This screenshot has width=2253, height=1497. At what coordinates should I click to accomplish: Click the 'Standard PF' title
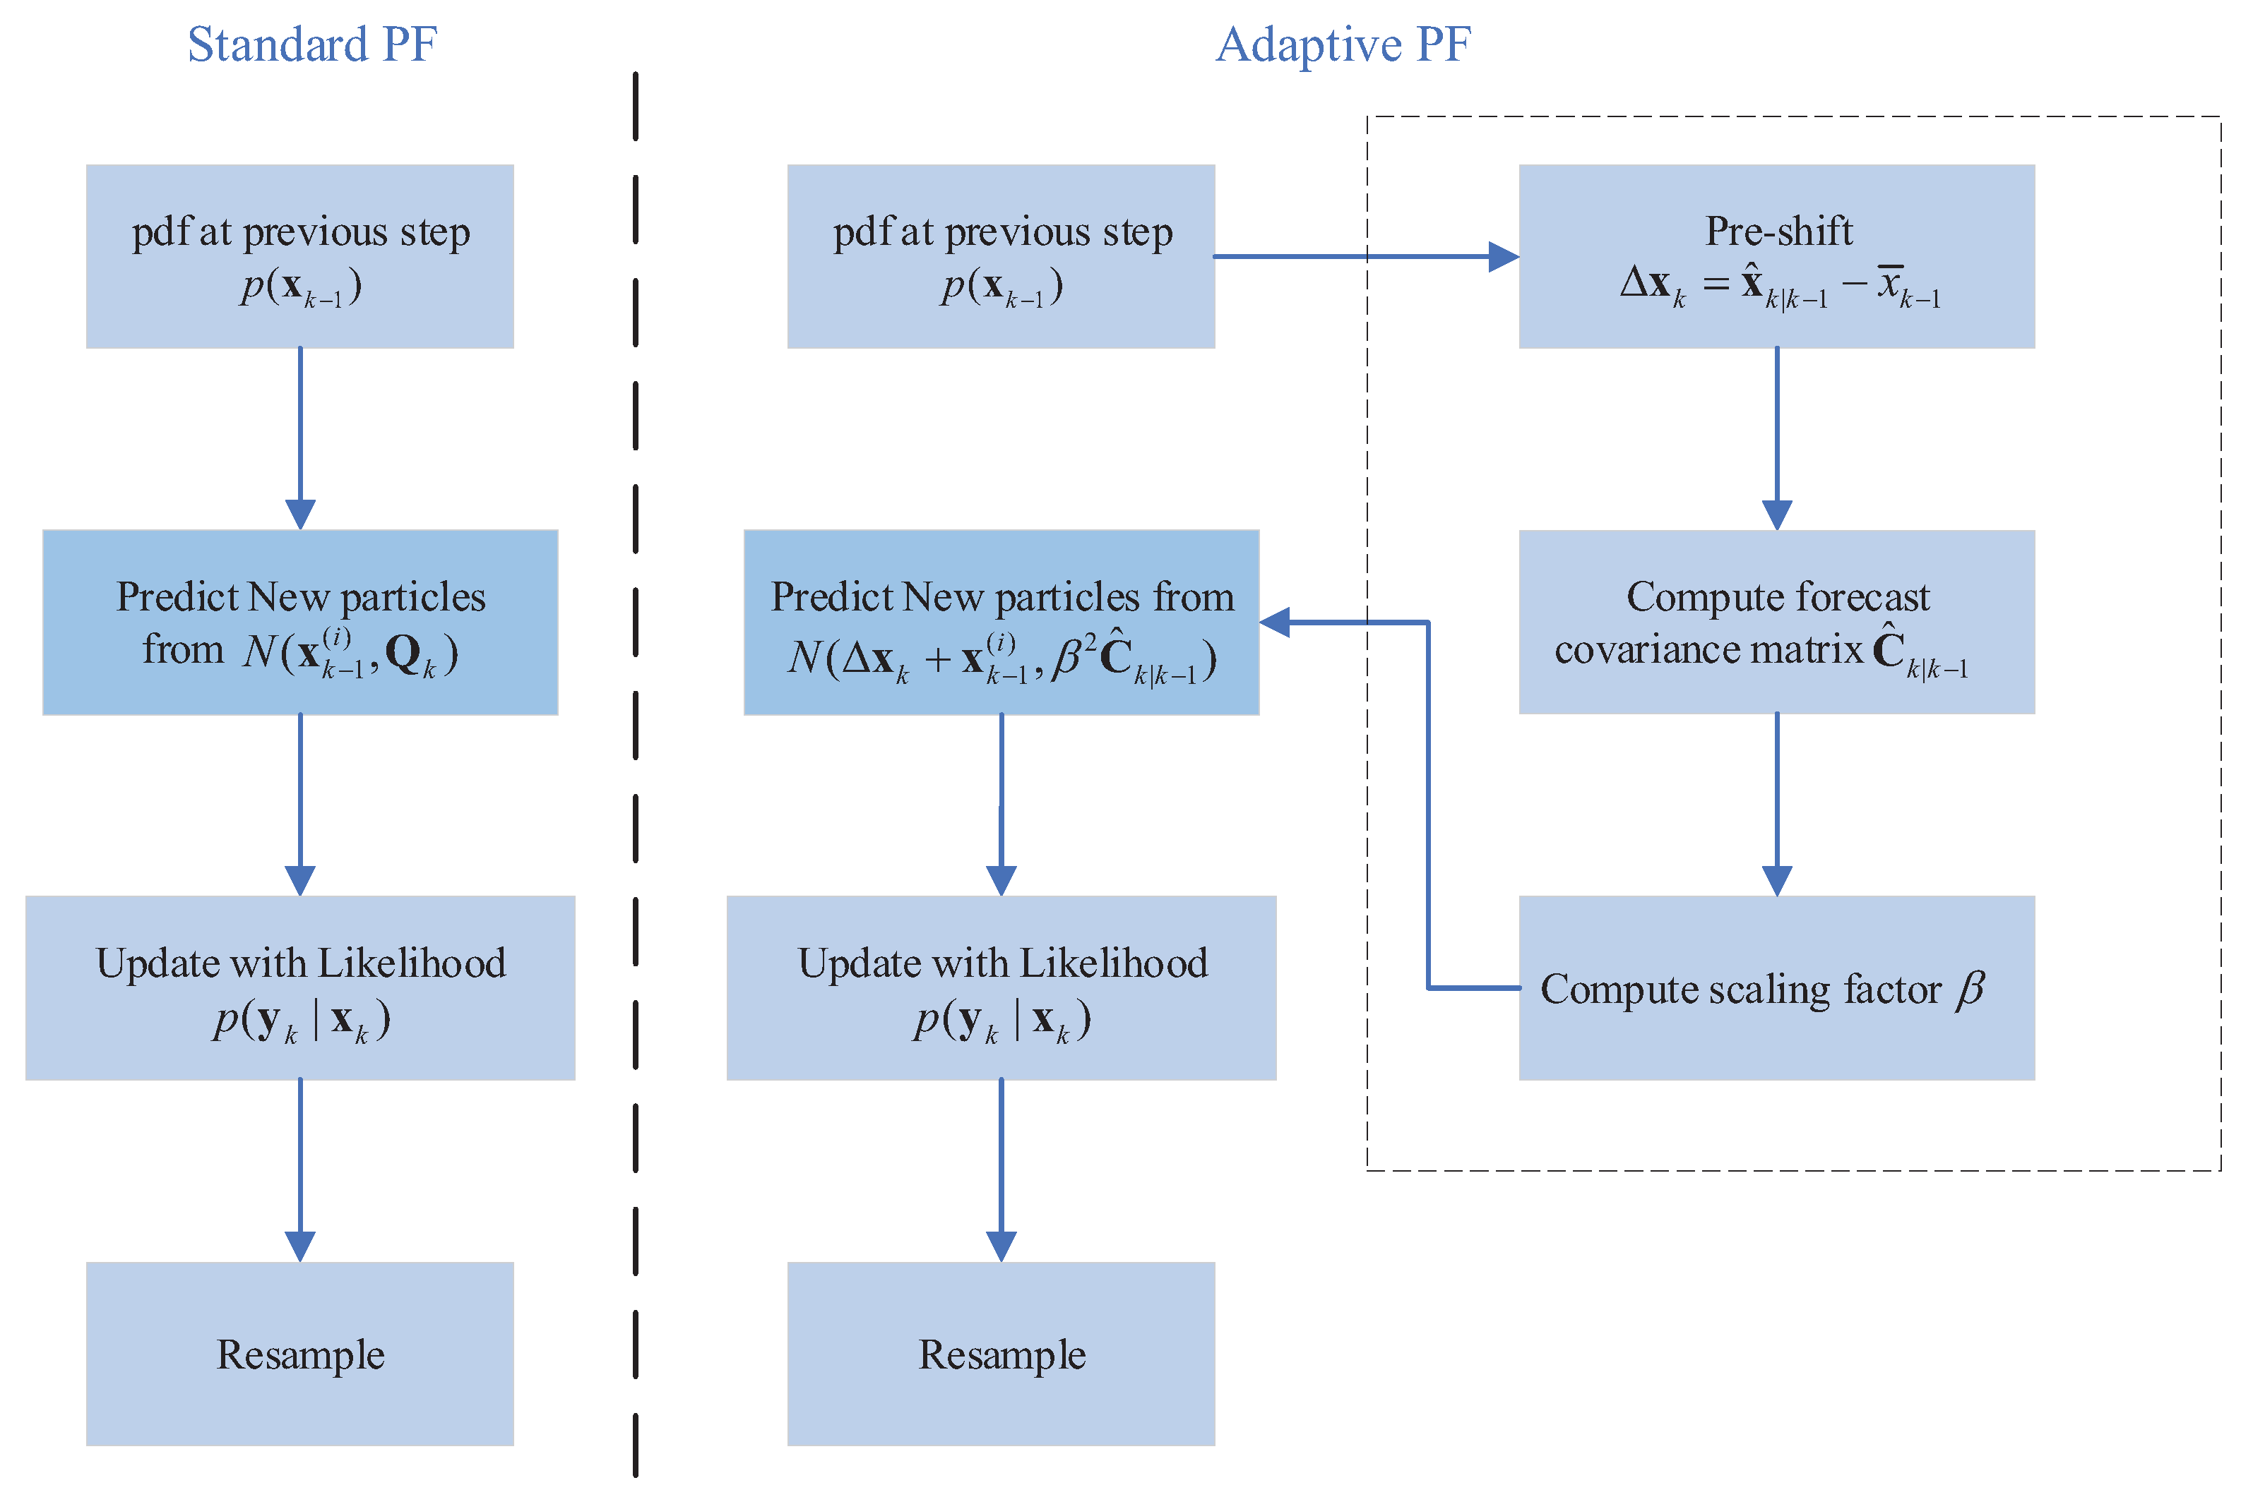(x=311, y=45)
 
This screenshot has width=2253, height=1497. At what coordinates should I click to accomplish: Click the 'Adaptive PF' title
(x=1342, y=45)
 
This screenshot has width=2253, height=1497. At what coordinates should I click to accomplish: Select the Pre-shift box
(x=1776, y=256)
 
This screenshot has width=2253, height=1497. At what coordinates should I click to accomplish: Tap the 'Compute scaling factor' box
(x=1776, y=987)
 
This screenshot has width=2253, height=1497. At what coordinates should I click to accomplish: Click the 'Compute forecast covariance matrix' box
(x=1776, y=622)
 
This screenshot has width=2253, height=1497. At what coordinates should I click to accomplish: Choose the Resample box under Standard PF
(x=300, y=1353)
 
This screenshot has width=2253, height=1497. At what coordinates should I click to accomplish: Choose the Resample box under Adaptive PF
(x=1000, y=1353)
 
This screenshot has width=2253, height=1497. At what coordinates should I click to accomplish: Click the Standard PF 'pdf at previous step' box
(x=300, y=256)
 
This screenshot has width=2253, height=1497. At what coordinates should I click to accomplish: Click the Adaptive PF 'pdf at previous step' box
(x=1000, y=256)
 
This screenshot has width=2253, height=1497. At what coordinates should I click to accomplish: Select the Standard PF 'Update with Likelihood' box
(x=300, y=987)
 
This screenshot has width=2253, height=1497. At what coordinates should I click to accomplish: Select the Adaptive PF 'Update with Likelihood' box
(x=1000, y=987)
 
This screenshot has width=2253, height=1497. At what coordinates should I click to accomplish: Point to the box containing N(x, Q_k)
(x=300, y=622)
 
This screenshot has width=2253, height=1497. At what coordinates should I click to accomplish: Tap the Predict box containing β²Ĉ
(x=1000, y=622)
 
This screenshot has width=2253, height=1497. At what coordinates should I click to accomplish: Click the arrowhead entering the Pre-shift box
(x=1502, y=257)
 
